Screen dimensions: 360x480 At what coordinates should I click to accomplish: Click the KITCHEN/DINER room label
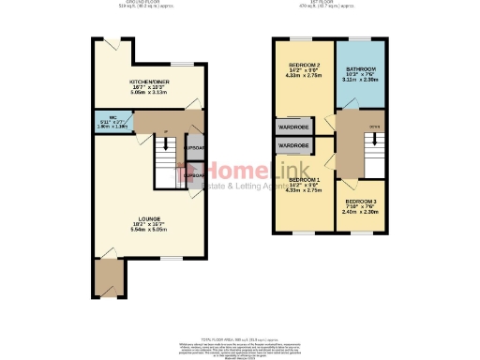[146, 82]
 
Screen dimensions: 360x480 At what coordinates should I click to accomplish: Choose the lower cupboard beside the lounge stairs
[194, 176]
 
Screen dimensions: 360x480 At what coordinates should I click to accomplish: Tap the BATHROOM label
[360, 69]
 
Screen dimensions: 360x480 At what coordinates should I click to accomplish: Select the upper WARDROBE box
[293, 128]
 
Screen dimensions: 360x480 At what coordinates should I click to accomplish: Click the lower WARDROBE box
[293, 146]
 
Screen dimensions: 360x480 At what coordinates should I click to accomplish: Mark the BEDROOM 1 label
[304, 179]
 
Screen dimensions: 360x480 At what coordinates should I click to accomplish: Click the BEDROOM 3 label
[360, 202]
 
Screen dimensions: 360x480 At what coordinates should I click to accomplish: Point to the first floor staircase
[372, 146]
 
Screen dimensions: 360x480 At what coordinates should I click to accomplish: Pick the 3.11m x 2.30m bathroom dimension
[360, 81]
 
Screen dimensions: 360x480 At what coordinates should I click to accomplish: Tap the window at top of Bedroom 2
[304, 38]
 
